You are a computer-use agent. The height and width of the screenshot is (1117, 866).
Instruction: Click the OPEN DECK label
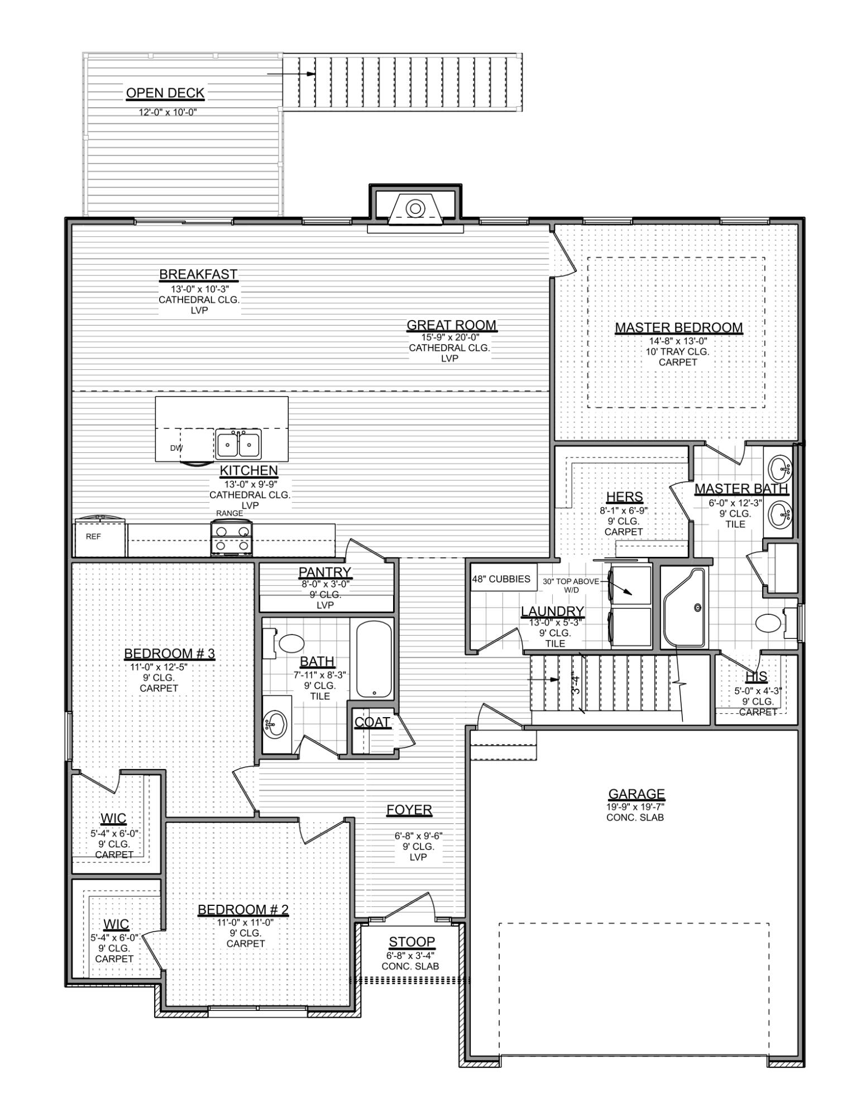tap(165, 93)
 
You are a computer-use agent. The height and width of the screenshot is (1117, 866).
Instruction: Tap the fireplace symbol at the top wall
tap(415, 209)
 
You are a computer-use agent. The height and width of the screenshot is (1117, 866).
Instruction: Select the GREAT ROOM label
tap(451, 325)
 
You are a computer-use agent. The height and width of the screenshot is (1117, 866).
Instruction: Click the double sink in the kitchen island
tap(238, 445)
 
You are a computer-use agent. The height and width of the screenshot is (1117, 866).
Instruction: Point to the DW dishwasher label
tap(176, 448)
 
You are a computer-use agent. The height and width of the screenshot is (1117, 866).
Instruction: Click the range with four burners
tap(232, 538)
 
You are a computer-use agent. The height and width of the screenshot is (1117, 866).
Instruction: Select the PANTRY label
tap(325, 572)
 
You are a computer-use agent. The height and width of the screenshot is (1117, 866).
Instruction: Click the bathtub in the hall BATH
tap(374, 660)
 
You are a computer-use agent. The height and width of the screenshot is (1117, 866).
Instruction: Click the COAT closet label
tap(372, 722)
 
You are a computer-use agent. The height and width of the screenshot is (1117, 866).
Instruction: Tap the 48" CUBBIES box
tap(501, 579)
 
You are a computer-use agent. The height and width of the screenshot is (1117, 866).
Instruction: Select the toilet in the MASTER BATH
tap(773, 622)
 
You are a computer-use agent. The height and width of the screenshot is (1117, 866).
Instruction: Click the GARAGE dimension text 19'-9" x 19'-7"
tap(636, 806)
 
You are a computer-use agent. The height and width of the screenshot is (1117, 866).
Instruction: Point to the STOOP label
tap(412, 942)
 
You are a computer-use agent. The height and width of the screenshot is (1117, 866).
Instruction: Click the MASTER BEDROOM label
tap(678, 327)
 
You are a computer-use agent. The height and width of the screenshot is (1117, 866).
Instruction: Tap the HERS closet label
tap(624, 497)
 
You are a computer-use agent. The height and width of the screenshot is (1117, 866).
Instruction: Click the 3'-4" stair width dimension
tap(576, 685)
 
